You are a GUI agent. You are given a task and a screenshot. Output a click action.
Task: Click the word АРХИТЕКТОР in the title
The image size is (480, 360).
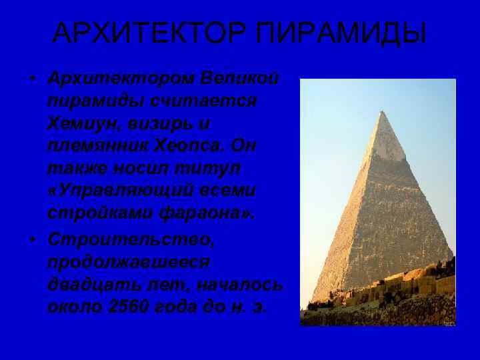(146, 33)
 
